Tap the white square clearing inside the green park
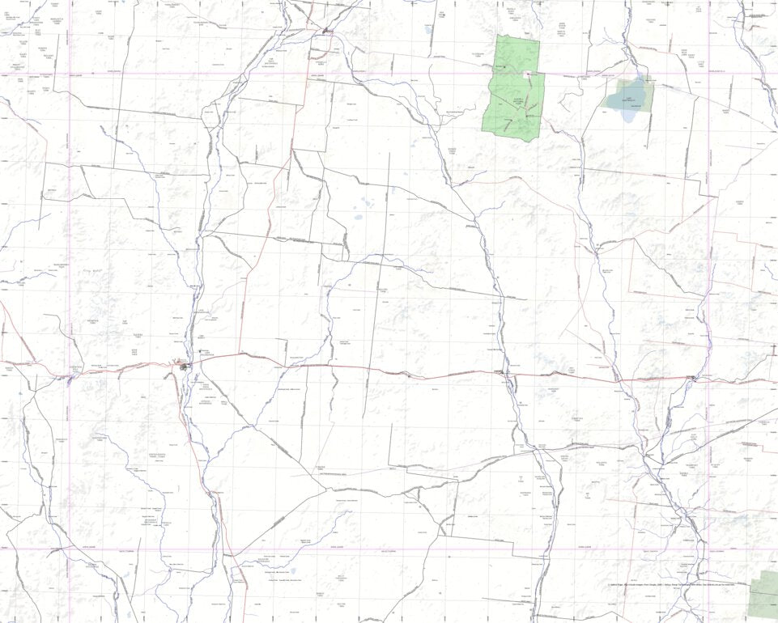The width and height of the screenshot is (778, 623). (x=527, y=74)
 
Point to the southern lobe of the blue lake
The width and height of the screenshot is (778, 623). (x=629, y=115)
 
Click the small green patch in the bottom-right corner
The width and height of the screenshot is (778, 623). (x=763, y=594)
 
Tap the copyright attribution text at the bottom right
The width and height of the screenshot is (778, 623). (x=672, y=585)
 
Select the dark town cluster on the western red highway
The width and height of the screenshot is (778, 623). (x=185, y=367)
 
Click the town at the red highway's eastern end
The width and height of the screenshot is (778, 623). (x=694, y=378)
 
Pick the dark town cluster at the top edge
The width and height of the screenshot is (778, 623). (x=325, y=32)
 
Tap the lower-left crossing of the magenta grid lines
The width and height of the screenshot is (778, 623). (x=70, y=549)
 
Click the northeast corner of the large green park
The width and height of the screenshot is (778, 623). (x=538, y=41)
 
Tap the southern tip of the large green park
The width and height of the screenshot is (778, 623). (x=526, y=142)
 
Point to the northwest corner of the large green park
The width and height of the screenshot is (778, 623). (x=497, y=35)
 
